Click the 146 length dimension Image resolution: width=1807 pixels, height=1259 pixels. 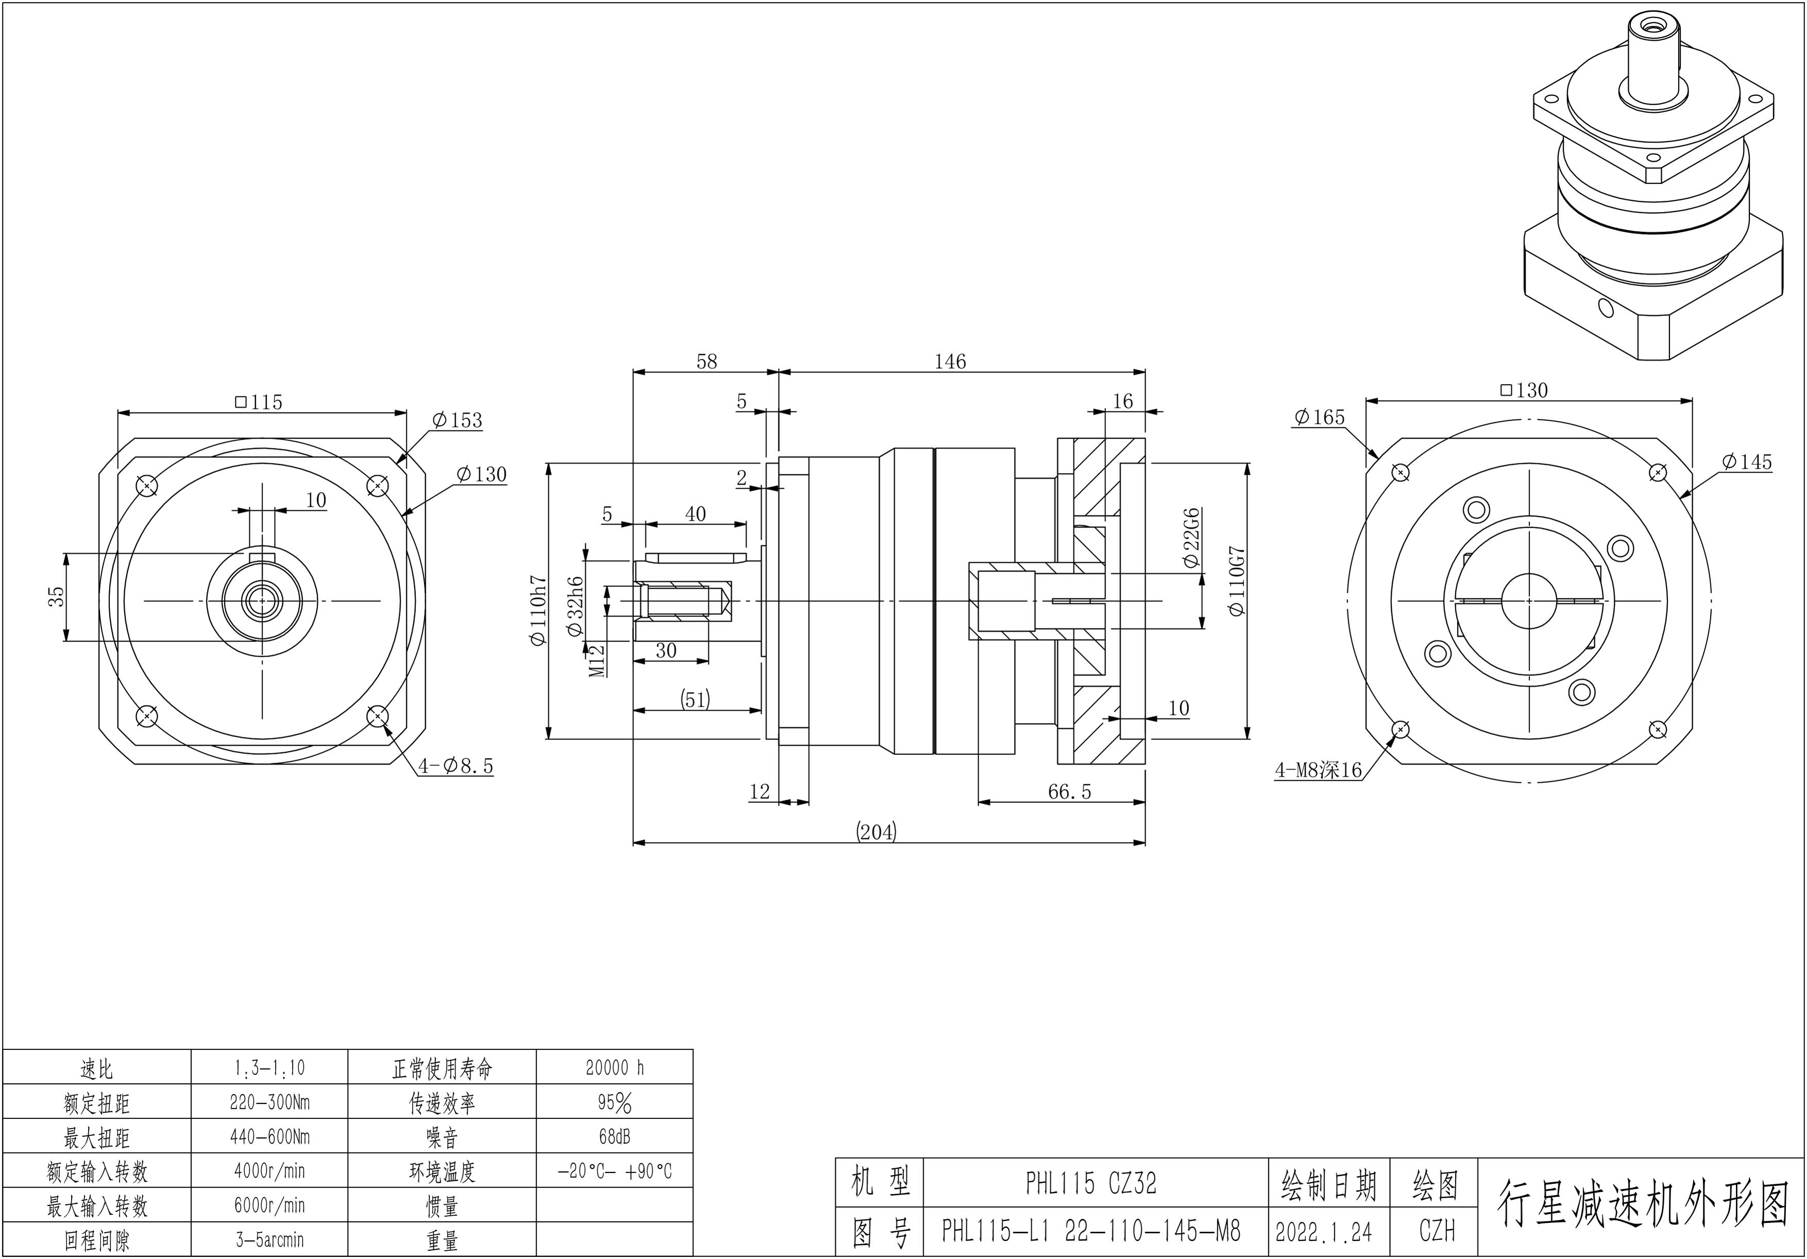point(950,361)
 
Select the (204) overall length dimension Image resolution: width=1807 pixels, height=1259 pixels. point(876,832)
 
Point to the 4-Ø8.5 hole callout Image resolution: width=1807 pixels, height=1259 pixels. point(456,766)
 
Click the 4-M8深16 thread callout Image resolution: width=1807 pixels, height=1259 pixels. point(1318,770)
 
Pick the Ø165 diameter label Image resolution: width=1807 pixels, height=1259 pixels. point(1319,417)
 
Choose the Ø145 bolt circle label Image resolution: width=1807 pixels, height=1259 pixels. point(1746,462)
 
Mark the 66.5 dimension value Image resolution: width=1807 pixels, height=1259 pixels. point(1069,791)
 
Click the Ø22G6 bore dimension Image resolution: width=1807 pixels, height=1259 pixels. point(1191,538)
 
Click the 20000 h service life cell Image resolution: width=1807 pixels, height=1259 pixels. point(615,1068)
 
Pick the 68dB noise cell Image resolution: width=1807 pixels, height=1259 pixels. point(615,1137)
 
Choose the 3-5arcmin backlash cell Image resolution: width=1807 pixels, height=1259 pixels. point(269,1240)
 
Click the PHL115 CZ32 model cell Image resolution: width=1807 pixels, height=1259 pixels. point(1091,1183)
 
